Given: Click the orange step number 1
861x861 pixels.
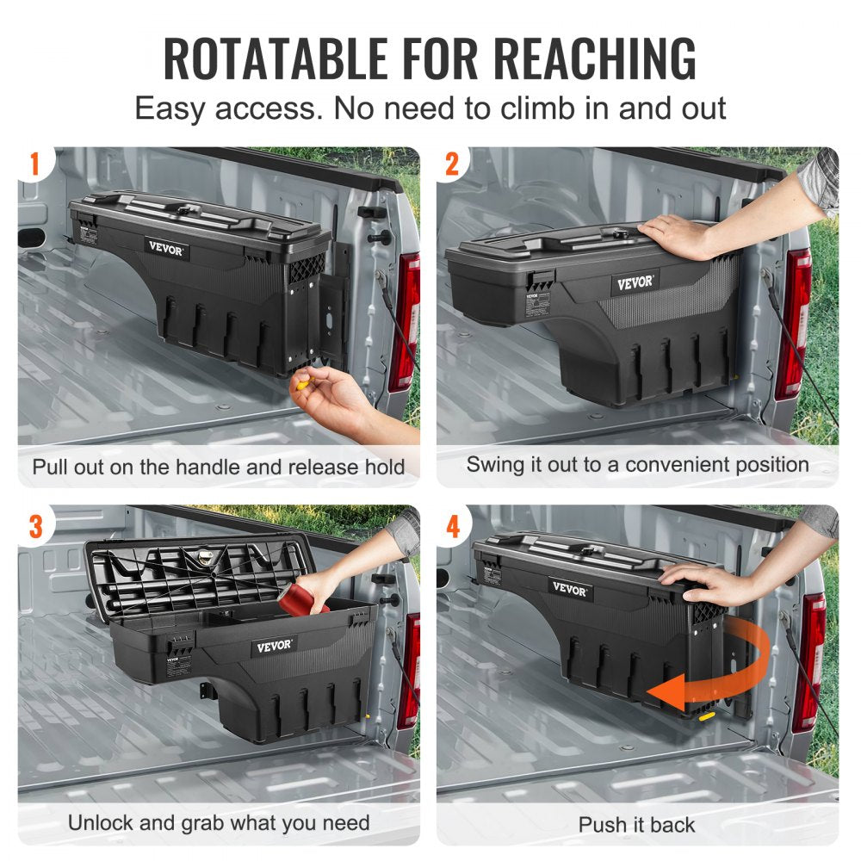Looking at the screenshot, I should [x=35, y=164].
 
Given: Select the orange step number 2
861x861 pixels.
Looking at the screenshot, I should [x=453, y=164].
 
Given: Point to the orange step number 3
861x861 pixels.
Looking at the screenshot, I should [x=35, y=524].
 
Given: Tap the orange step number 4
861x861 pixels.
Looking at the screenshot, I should [x=453, y=524].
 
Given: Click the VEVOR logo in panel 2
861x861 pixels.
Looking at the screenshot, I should [x=635, y=282].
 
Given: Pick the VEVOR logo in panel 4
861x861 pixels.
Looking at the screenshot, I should [x=570, y=591].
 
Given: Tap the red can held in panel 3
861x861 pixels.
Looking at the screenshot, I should [x=303, y=597].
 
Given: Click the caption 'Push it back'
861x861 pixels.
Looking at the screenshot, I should [x=636, y=824].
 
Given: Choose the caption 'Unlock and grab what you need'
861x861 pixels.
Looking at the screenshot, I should [x=219, y=822].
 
